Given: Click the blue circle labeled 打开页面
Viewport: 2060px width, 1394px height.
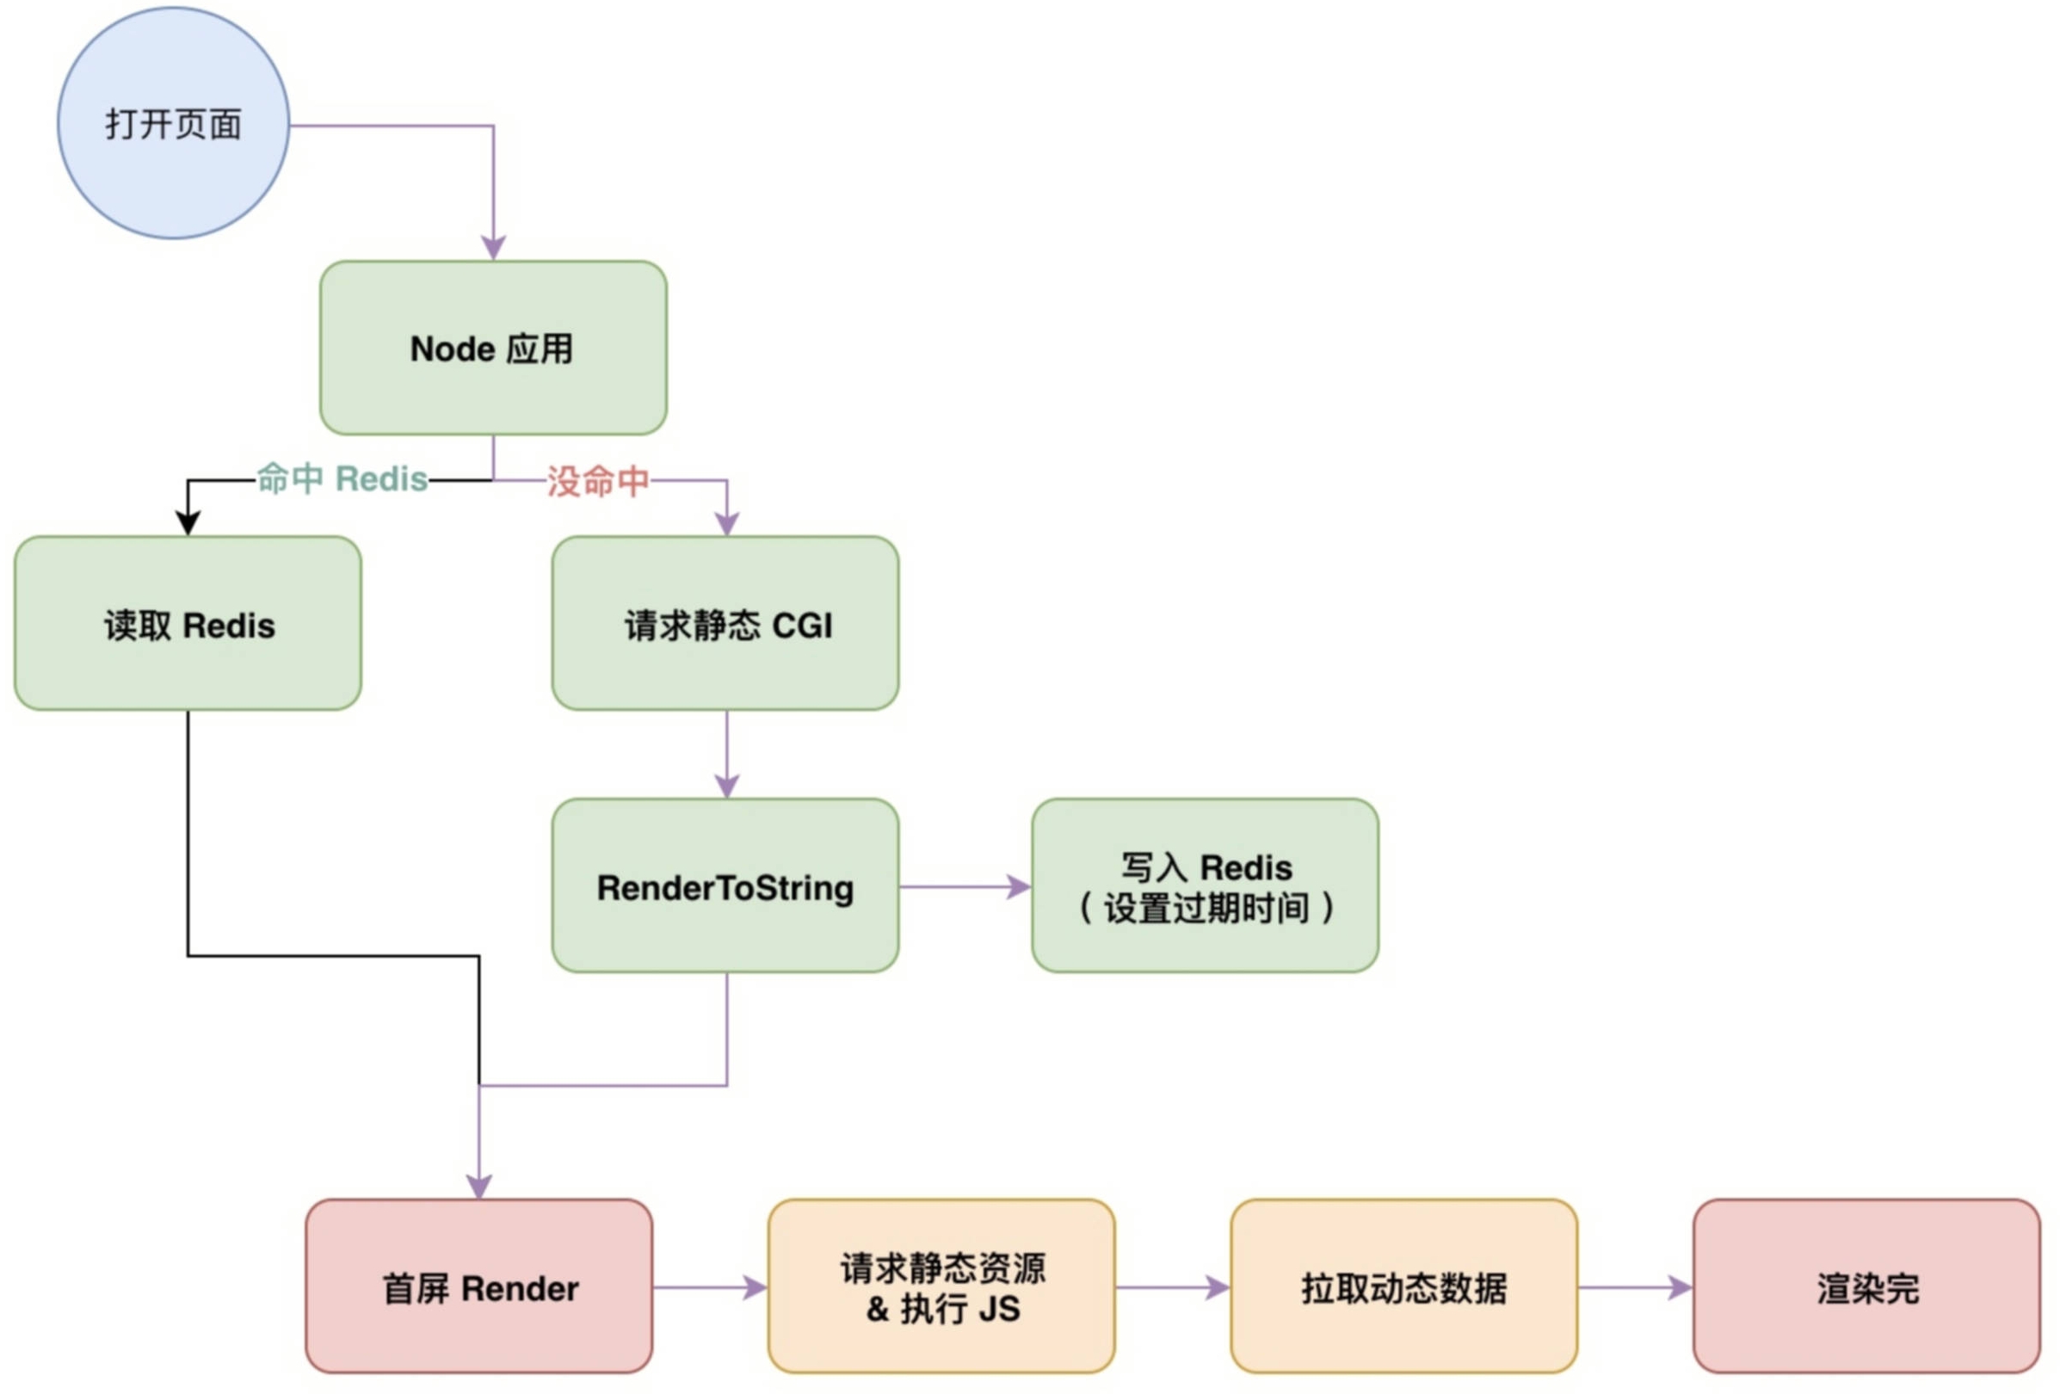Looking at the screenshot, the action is pyautogui.click(x=173, y=123).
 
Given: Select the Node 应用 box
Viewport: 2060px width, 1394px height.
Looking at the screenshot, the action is pyautogui.click(x=493, y=348).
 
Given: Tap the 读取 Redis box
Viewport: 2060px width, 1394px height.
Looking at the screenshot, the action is pyautogui.click(x=188, y=623).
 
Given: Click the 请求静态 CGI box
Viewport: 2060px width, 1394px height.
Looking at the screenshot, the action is pyautogui.click(x=725, y=623).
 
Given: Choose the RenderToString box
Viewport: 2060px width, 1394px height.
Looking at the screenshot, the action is pyautogui.click(x=725, y=885).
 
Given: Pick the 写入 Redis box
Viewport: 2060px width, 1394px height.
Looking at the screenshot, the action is pyautogui.click(x=1205, y=885).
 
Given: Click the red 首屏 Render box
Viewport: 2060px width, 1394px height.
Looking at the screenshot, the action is pyautogui.click(x=478, y=1286).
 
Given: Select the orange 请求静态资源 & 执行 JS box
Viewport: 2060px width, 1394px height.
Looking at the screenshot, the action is pyautogui.click(x=941, y=1286).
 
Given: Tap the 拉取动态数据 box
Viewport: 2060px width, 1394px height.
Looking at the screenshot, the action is pyautogui.click(x=1404, y=1286).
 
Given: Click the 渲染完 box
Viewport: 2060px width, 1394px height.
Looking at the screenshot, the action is pyautogui.click(x=1866, y=1286).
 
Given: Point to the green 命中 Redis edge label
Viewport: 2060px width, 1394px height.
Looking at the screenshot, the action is pyautogui.click(x=342, y=478).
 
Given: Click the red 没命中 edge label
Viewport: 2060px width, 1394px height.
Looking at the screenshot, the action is pyautogui.click(x=598, y=481).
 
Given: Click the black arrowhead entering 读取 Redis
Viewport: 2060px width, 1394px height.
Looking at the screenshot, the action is pyautogui.click(x=188, y=523).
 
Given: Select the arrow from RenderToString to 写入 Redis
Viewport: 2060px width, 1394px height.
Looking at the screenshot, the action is pyautogui.click(x=965, y=886).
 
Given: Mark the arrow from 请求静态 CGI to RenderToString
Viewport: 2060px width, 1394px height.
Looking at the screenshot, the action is pyautogui.click(x=727, y=754).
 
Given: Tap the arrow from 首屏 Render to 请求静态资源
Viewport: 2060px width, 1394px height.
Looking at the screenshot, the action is pyautogui.click(x=710, y=1286).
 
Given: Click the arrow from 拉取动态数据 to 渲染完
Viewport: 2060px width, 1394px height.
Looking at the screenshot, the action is pyautogui.click(x=1636, y=1286).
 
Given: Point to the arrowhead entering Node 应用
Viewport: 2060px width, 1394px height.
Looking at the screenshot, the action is pyautogui.click(x=493, y=247).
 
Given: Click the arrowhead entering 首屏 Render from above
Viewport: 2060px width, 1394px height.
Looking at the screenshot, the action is pyautogui.click(x=479, y=1187).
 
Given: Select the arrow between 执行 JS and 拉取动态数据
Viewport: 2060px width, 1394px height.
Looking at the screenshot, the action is pyautogui.click(x=1173, y=1286).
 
